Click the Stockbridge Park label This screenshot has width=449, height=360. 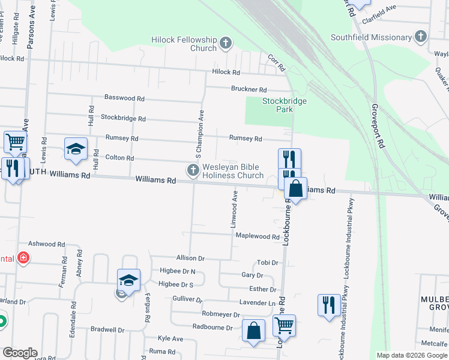(x=285, y=106)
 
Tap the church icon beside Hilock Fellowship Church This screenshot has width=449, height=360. (x=226, y=43)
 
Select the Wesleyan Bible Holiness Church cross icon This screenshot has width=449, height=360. (x=193, y=170)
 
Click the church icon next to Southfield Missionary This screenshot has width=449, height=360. (x=421, y=37)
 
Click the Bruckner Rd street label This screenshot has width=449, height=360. (x=249, y=89)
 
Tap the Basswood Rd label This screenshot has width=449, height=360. (x=124, y=98)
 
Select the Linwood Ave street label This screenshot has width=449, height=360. (x=235, y=209)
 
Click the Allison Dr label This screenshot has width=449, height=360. (x=190, y=258)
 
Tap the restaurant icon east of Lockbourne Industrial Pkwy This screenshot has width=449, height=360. (x=328, y=305)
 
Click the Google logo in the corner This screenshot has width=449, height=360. (x=20, y=353)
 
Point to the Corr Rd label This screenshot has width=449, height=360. (x=275, y=60)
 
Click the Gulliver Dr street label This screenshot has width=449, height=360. (x=187, y=299)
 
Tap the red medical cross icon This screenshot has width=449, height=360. (x=23, y=259)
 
